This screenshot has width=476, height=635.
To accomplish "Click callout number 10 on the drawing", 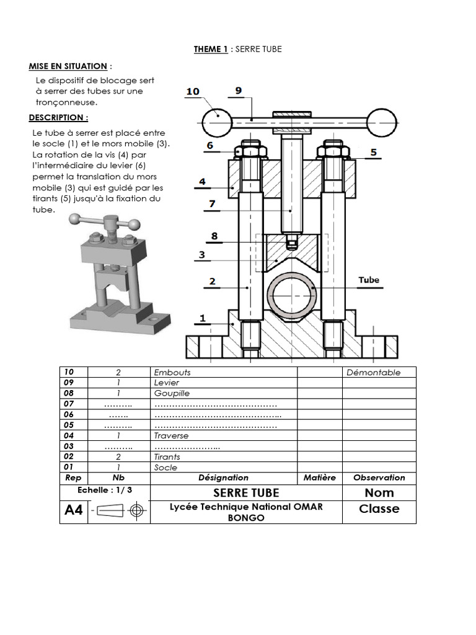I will [192, 92].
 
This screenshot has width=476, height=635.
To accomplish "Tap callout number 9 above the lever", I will [239, 91].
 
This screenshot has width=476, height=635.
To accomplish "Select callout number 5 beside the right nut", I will [373, 152].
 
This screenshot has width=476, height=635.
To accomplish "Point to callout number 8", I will [214, 236].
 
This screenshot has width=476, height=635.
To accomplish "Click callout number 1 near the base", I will [202, 319].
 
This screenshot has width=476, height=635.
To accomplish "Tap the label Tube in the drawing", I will [369, 280].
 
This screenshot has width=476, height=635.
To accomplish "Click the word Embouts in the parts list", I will [172, 373].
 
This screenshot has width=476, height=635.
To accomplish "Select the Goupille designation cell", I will [172, 393].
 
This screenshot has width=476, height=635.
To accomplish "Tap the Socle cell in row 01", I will [165, 468].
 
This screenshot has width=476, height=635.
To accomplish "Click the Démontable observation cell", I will [373, 373].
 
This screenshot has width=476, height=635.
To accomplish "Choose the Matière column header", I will [320, 477].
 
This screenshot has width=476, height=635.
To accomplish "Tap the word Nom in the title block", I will [379, 493].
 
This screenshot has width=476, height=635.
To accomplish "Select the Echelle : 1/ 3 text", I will [105, 489].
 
